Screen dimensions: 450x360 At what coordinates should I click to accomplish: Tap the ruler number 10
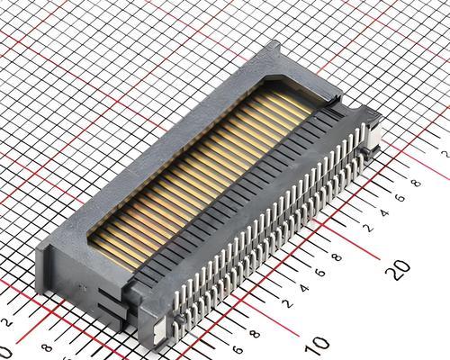tap(317, 345)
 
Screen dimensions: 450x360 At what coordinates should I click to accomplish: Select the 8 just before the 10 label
tap(256, 334)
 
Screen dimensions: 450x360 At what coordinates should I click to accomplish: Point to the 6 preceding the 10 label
tap(238, 349)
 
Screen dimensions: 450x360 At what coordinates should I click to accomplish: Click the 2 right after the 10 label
tap(288, 304)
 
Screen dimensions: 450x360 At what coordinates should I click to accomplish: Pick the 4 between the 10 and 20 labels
tap(304, 288)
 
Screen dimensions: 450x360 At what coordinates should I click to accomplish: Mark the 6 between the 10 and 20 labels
tap(320, 273)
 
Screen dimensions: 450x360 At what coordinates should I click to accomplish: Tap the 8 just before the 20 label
tap(337, 257)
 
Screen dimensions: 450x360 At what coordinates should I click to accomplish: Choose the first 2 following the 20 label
tap(368, 228)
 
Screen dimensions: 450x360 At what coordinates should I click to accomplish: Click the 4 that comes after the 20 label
tap(384, 212)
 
